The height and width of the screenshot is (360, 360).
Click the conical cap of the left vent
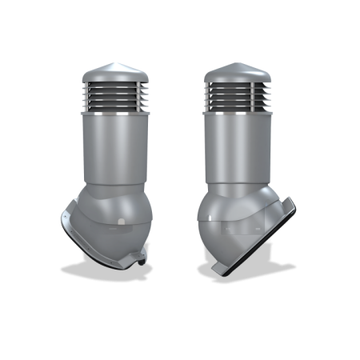pos(109,71)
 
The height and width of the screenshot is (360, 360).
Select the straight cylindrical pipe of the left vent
pos(109,148)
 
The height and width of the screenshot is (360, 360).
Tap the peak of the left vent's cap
pos(109,62)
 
